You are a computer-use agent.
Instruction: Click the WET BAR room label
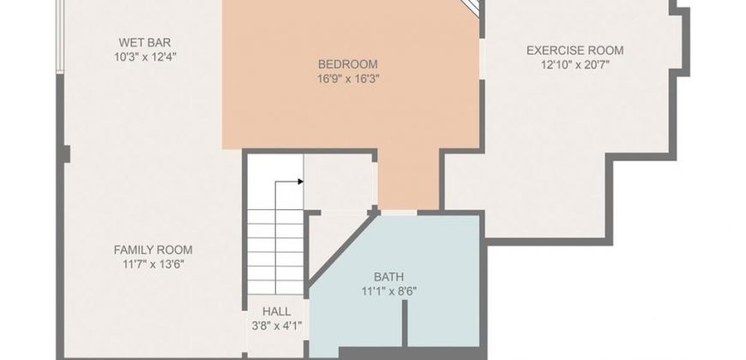(x=145, y=43)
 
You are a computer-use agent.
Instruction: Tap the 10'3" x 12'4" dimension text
(x=145, y=57)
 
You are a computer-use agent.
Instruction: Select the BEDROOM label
(x=348, y=64)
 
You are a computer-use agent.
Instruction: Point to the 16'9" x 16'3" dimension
(x=348, y=79)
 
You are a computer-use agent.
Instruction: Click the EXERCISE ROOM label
(x=575, y=51)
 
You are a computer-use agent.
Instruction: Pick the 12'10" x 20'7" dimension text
(x=575, y=64)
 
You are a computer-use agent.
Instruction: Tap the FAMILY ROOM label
(x=153, y=249)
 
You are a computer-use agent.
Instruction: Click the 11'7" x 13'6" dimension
(x=153, y=264)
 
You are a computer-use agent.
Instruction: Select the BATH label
(x=388, y=277)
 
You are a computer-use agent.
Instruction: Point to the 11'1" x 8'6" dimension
(x=388, y=291)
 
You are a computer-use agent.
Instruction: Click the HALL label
(x=276, y=312)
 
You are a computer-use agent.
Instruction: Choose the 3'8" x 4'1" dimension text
(x=277, y=327)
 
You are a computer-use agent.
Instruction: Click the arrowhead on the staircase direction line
(x=301, y=182)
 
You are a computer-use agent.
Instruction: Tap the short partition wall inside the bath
(x=405, y=323)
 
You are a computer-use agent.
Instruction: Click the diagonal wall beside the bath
(x=342, y=249)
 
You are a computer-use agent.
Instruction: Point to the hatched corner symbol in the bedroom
(x=472, y=8)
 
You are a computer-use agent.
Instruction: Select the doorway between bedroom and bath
(x=399, y=213)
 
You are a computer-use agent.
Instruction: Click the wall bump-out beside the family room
(x=66, y=154)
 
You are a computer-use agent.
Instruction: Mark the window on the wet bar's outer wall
(x=60, y=37)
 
